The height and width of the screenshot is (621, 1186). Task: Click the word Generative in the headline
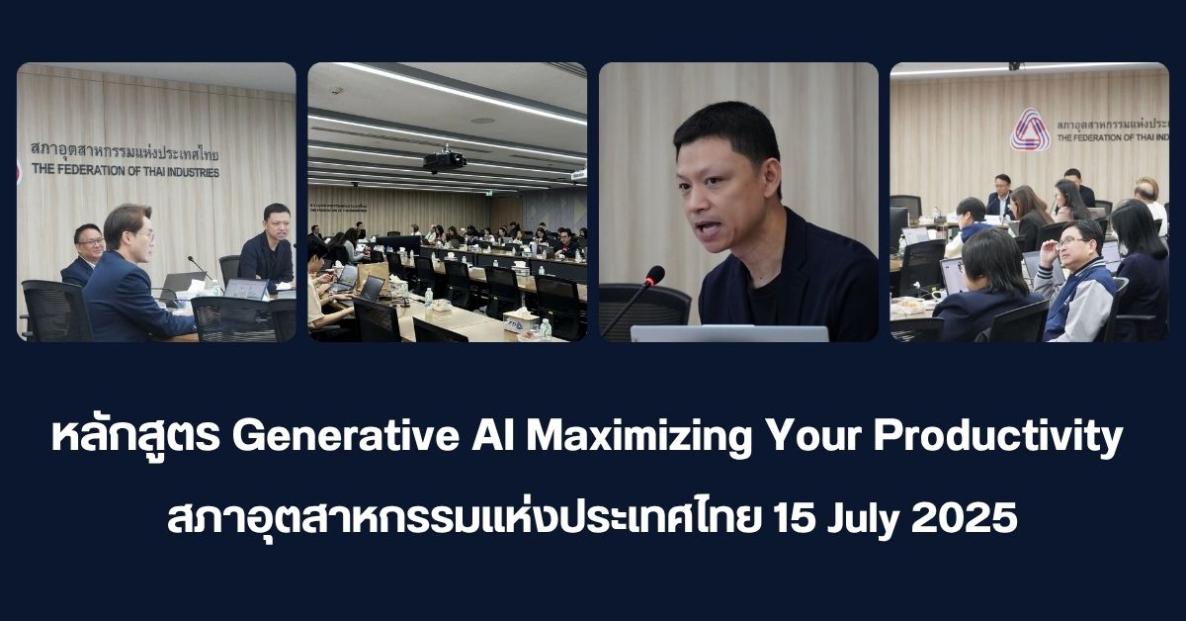tap(345, 437)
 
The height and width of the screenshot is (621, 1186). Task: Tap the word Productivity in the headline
tap(997, 439)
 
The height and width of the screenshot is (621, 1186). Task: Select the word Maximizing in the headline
tap(639, 439)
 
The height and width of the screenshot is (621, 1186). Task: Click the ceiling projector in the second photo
tap(444, 160)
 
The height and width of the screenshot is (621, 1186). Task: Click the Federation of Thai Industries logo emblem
tap(1030, 130)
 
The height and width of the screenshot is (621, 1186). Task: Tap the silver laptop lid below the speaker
tap(729, 333)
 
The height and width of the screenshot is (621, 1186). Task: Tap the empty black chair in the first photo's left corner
tap(55, 311)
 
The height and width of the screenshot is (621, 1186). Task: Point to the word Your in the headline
tap(812, 437)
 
